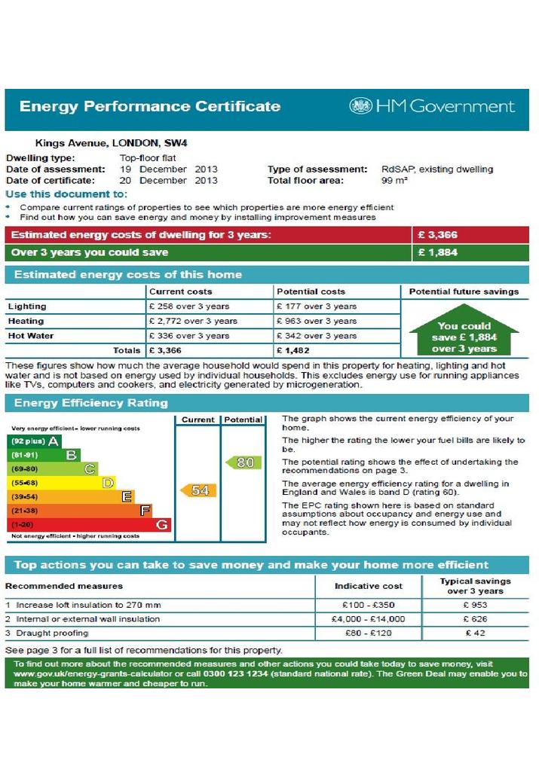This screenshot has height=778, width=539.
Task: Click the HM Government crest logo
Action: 360,105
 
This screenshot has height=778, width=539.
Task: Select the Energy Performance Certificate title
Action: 150,106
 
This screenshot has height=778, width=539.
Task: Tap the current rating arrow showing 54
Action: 198,490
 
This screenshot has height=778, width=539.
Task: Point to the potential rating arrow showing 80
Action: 243,462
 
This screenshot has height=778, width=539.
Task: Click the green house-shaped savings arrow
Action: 464,329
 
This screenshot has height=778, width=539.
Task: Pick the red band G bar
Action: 89,524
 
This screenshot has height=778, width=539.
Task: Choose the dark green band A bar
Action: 34,441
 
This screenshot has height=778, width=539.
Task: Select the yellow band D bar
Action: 62,483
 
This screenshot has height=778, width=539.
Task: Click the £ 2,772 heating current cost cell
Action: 193,321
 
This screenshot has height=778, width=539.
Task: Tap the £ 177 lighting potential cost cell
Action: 317,306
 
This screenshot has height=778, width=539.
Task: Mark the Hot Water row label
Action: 31,336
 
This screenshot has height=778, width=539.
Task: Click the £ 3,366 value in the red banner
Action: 437,235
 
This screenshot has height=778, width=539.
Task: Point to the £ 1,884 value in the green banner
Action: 437,252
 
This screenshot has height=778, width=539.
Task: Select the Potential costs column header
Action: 311,291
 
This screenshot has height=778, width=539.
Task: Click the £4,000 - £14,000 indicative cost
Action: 368,619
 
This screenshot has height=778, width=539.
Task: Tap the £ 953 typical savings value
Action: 476,605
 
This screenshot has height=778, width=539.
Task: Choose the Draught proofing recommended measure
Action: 52,633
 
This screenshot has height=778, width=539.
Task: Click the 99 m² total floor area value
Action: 394,181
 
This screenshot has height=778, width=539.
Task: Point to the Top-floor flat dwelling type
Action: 148,157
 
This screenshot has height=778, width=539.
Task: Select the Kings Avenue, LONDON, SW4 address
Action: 112,143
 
